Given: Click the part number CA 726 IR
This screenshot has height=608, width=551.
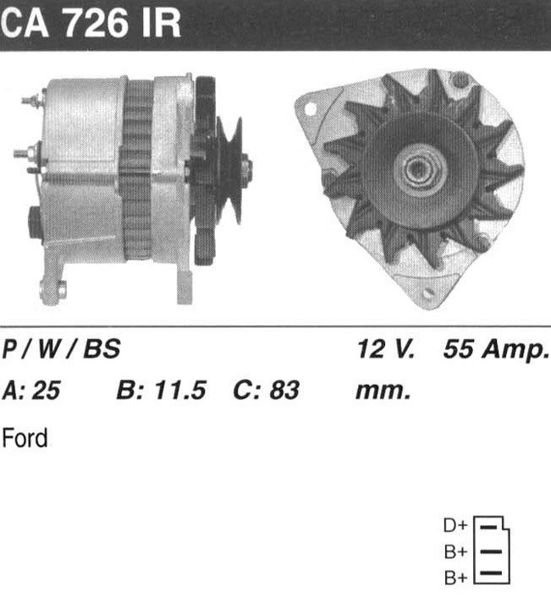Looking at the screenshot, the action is pyautogui.click(x=91, y=23).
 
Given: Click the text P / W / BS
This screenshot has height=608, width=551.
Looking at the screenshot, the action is pyautogui.click(x=61, y=348).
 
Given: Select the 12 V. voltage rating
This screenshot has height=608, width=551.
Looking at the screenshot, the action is pyautogui.click(x=386, y=348).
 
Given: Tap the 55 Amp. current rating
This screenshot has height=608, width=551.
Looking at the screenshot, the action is pyautogui.click(x=497, y=350).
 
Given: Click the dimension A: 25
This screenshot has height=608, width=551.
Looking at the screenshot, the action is pyautogui.click(x=31, y=390).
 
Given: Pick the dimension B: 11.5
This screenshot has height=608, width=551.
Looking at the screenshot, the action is pyautogui.click(x=162, y=390).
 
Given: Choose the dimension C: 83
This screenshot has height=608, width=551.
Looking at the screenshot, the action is pyautogui.click(x=266, y=390).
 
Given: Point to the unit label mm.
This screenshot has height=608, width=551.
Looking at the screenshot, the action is pyautogui.click(x=383, y=392).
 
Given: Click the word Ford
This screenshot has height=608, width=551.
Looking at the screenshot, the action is pyautogui.click(x=25, y=438).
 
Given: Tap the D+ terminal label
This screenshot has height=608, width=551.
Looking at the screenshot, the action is pyautogui.click(x=455, y=525).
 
